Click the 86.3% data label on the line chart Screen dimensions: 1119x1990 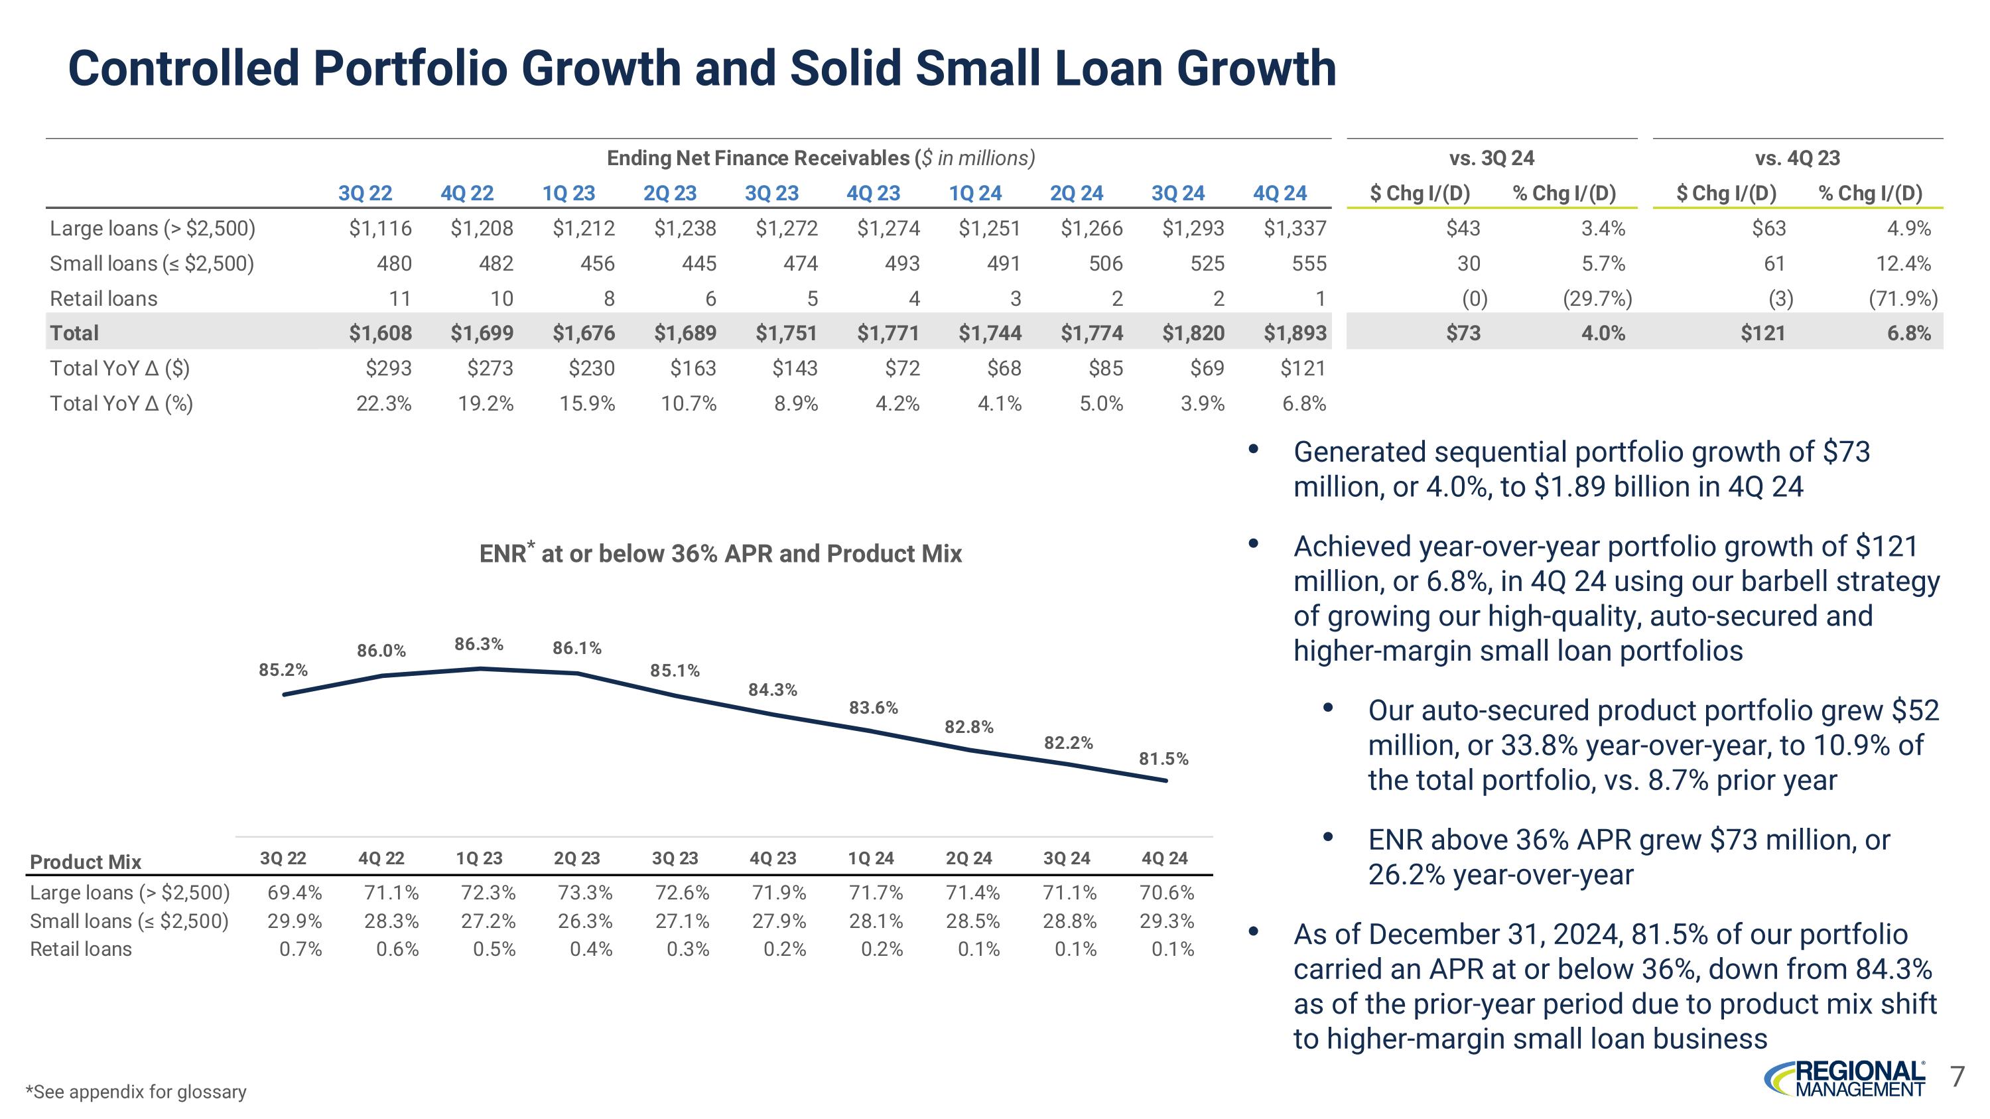479,644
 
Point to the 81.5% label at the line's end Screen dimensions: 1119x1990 1163,758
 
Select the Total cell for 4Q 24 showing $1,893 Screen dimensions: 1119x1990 1295,333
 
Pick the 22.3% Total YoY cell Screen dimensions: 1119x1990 384,403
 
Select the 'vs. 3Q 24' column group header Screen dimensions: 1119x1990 1491,159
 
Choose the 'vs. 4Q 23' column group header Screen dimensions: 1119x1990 1797,159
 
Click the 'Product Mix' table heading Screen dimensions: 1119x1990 85,862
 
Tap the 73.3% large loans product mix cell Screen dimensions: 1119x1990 585,893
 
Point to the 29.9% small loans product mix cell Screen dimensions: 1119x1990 295,921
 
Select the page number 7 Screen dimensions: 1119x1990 1957,1076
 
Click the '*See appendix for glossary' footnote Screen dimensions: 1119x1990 136,1091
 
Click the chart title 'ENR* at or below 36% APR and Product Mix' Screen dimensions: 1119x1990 720,553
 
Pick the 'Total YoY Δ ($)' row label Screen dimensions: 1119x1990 120,368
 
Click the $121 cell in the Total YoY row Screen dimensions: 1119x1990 1303,368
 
